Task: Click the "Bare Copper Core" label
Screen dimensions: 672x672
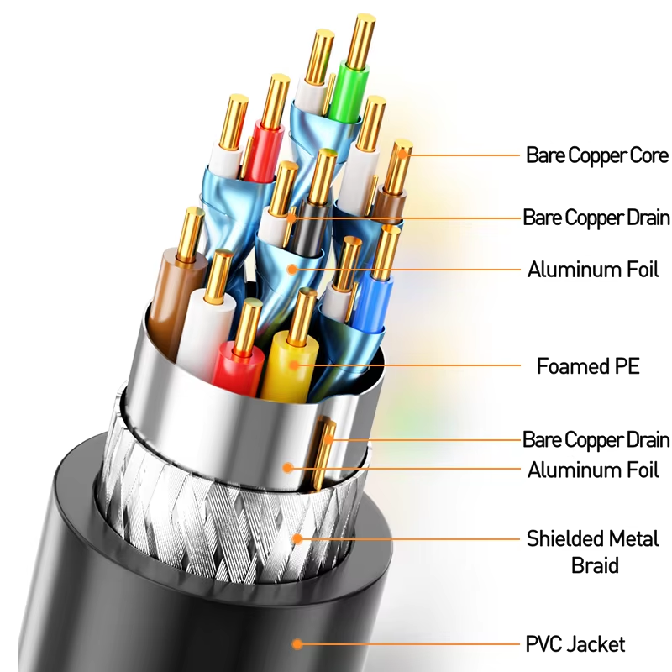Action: click(597, 155)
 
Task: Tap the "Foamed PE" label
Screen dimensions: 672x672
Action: click(588, 366)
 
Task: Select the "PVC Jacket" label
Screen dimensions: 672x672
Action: click(575, 644)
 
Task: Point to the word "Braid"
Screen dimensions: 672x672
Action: click(595, 565)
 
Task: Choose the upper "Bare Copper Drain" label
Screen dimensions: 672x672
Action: click(596, 218)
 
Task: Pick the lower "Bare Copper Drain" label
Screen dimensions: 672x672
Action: click(596, 439)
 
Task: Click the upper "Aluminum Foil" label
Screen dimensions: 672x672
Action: click(593, 270)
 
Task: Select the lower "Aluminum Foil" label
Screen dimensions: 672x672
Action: click(593, 470)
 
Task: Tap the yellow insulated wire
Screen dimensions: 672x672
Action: click(288, 365)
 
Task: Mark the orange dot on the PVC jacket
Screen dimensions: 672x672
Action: click(297, 644)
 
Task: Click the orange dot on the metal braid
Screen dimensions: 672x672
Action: click(297, 538)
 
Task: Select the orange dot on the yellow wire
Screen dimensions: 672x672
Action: click(293, 365)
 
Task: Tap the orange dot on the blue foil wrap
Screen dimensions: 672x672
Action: click(292, 269)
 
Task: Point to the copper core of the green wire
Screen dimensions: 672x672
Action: click(360, 41)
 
